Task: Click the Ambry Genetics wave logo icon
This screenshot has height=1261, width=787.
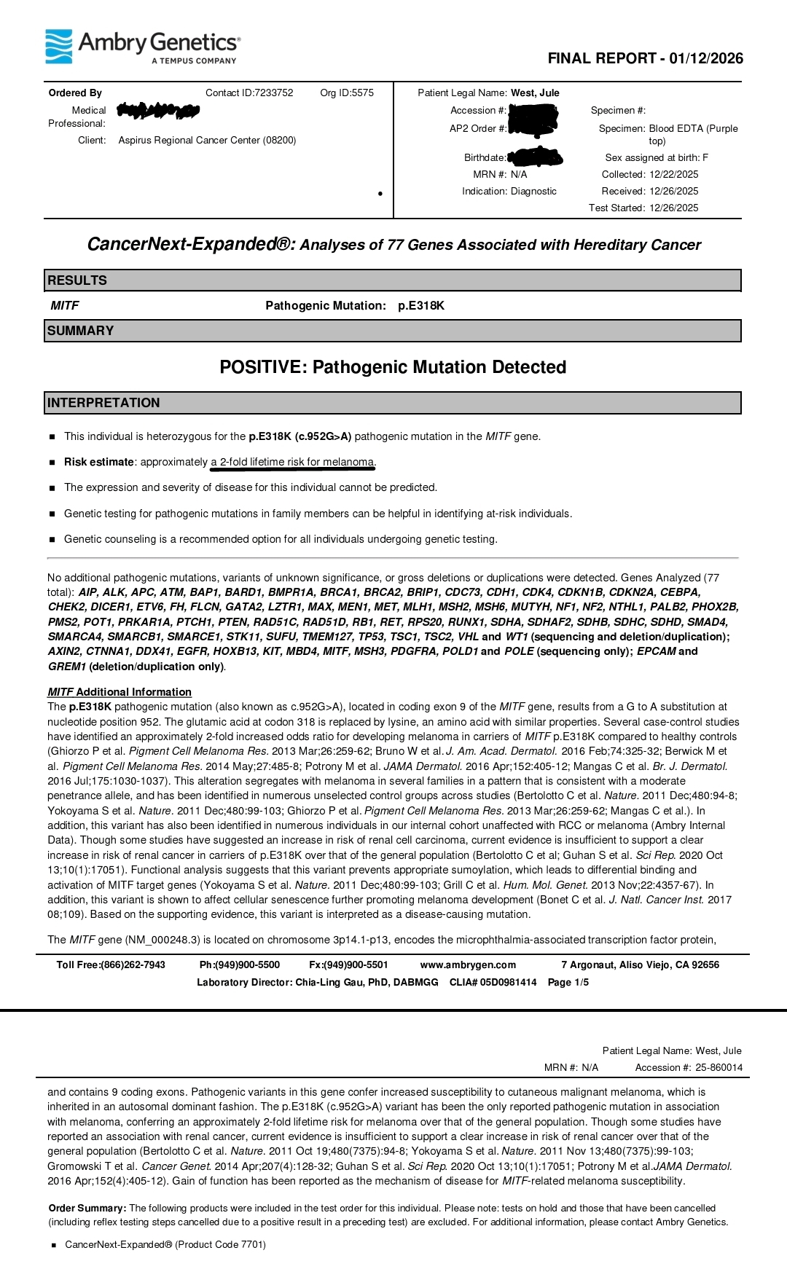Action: (59, 46)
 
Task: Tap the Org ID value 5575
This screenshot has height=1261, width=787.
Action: (362, 93)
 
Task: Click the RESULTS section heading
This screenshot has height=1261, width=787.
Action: (77, 280)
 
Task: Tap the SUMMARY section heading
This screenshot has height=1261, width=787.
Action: (80, 331)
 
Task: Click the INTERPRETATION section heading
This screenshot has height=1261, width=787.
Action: (103, 403)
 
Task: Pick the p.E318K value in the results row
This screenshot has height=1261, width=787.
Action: (421, 306)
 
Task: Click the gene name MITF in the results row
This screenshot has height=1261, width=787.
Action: (65, 306)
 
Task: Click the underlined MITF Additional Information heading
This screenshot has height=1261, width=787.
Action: (120, 692)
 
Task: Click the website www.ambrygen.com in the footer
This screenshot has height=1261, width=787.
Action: (468, 965)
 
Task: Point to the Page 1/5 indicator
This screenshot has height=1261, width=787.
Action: (568, 982)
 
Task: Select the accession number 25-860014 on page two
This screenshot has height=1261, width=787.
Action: (719, 1067)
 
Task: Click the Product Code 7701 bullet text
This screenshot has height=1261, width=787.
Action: (165, 1244)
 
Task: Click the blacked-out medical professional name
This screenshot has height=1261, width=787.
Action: (157, 111)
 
